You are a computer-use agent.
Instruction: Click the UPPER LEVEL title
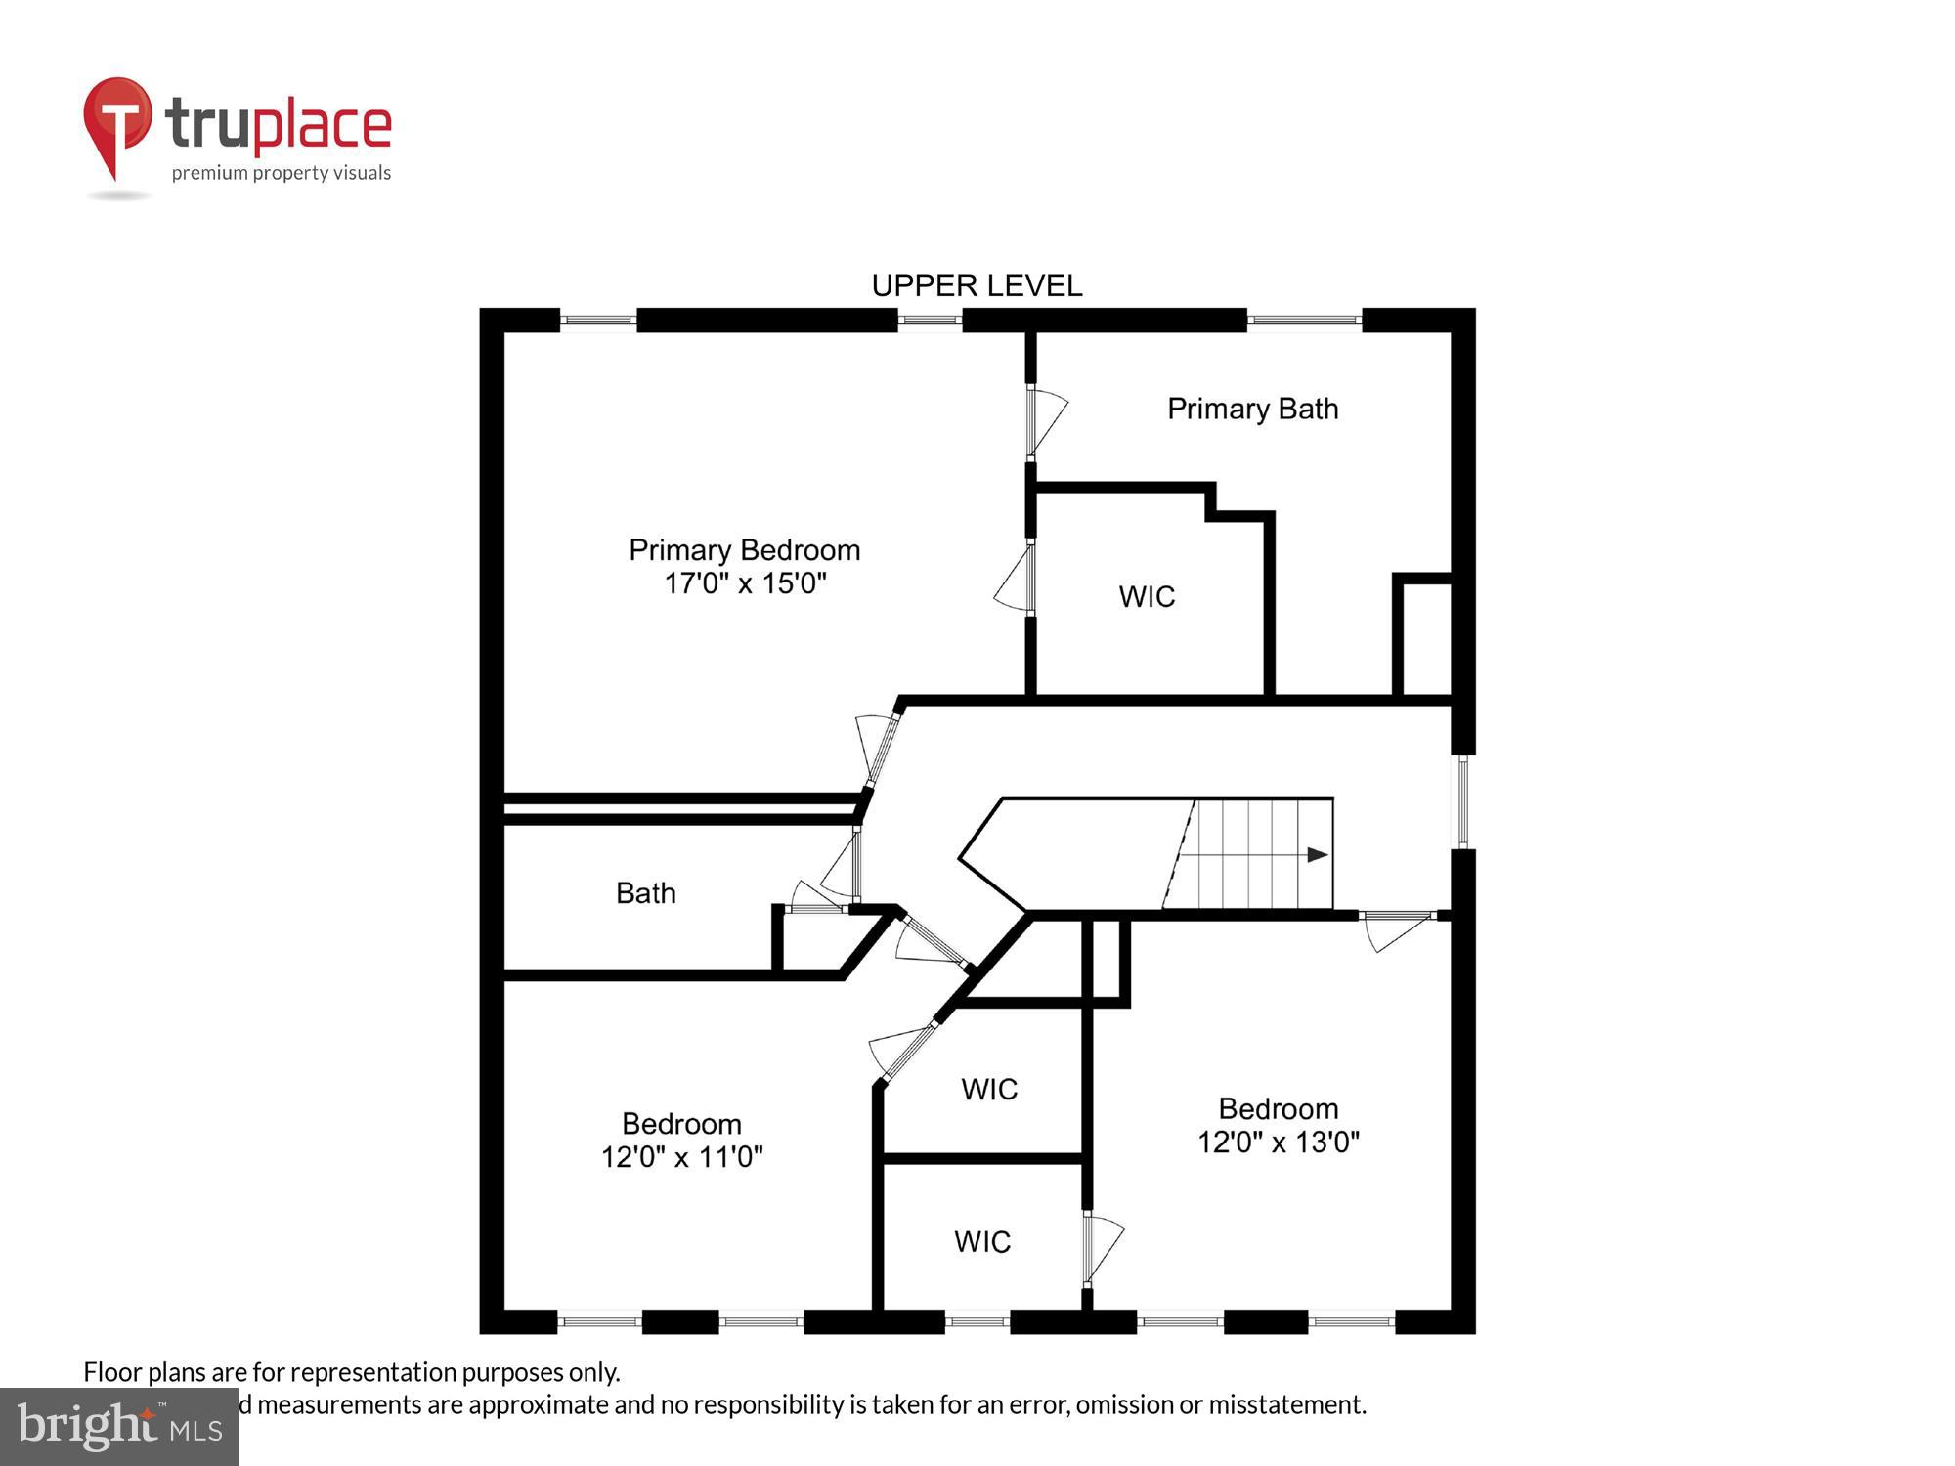(x=977, y=285)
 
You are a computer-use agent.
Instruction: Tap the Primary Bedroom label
(x=744, y=550)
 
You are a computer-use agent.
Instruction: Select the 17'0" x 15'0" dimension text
(x=745, y=583)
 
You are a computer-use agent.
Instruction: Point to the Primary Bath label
(x=1252, y=409)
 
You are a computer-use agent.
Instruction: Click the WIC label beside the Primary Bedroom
(x=1147, y=596)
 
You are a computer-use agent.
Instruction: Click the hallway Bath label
(x=645, y=892)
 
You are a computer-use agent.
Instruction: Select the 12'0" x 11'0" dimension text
(x=681, y=1157)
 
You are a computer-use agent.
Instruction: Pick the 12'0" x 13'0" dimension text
(x=1279, y=1142)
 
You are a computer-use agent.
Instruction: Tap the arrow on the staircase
(x=1317, y=855)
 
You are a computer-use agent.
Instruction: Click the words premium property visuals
(x=282, y=173)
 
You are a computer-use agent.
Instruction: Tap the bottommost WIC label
(x=981, y=1241)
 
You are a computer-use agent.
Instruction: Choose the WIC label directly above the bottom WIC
(x=988, y=1089)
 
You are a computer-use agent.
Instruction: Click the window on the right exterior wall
(x=1462, y=801)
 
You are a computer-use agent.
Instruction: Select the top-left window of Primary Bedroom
(x=597, y=320)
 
